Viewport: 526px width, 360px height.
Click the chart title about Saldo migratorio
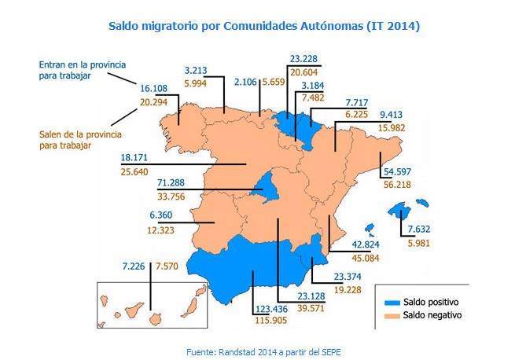(x=263, y=26)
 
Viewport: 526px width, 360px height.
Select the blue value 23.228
(x=303, y=58)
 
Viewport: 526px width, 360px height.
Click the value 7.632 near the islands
(x=419, y=230)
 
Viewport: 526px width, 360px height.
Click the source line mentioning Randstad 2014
(x=263, y=351)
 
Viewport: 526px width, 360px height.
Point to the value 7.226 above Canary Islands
(x=135, y=266)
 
